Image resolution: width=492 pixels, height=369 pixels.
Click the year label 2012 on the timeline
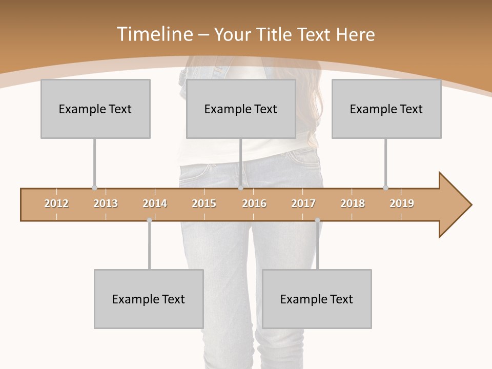pyautogui.click(x=56, y=203)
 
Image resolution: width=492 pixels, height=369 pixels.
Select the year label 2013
pyautogui.click(x=106, y=203)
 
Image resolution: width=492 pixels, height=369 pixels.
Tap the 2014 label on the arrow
pyautogui.click(x=155, y=203)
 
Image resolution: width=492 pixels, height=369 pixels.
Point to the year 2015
pyautogui.click(x=204, y=203)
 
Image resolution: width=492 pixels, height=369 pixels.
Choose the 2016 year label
pyautogui.click(x=254, y=203)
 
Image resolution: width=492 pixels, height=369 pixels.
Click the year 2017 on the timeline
pyautogui.click(x=303, y=203)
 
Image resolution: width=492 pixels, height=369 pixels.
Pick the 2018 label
pyautogui.click(x=353, y=203)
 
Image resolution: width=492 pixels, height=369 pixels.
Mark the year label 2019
pyautogui.click(x=402, y=203)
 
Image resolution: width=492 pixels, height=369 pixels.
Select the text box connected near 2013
pyautogui.click(x=95, y=109)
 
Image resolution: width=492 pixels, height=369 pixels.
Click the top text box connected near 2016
pyautogui.click(x=241, y=109)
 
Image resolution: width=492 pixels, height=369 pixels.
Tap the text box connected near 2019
pyautogui.click(x=386, y=109)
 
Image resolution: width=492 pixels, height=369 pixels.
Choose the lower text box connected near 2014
pyautogui.click(x=149, y=299)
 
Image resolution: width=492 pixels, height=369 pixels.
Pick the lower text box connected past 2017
pyautogui.click(x=317, y=299)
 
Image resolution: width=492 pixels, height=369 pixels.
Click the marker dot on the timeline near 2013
pyautogui.click(x=94, y=188)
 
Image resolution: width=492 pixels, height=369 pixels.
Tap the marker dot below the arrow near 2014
pyautogui.click(x=149, y=220)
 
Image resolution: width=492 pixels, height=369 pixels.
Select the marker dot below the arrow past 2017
pyautogui.click(x=317, y=220)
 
